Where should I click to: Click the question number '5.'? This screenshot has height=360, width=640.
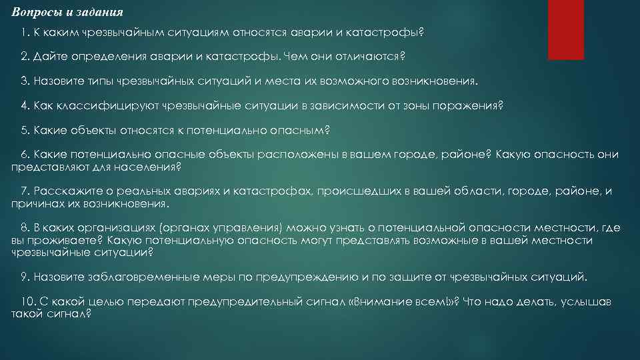click(25, 130)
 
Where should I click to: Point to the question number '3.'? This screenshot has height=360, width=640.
click(25, 81)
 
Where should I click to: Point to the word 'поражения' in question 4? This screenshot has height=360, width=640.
click(470, 105)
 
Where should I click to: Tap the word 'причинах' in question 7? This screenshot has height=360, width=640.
click(34, 203)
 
